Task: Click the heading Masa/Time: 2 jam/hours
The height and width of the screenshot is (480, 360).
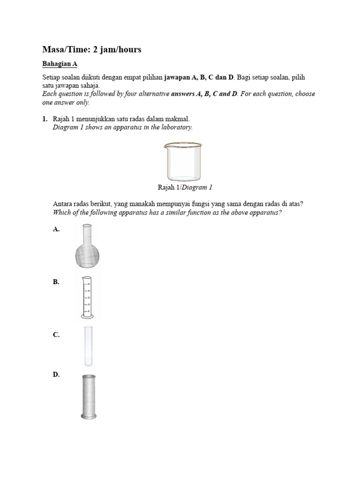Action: pyautogui.click(x=91, y=49)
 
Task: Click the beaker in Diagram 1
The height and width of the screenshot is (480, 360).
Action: pyautogui.click(x=183, y=162)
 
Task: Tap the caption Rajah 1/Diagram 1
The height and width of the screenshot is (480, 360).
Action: pyautogui.click(x=185, y=187)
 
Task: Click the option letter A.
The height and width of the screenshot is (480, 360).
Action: pyautogui.click(x=56, y=229)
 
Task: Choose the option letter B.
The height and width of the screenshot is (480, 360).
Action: pyautogui.click(x=56, y=282)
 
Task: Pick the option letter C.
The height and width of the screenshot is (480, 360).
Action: pyautogui.click(x=56, y=335)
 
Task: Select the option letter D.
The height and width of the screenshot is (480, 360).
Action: pyautogui.click(x=56, y=375)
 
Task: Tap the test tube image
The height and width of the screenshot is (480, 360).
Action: pyautogui.click(x=88, y=345)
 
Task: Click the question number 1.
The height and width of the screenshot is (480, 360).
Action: pyautogui.click(x=45, y=120)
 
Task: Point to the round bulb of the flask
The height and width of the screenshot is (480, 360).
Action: pyautogui.click(x=88, y=255)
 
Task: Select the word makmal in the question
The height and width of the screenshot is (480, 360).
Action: pyautogui.click(x=178, y=120)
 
